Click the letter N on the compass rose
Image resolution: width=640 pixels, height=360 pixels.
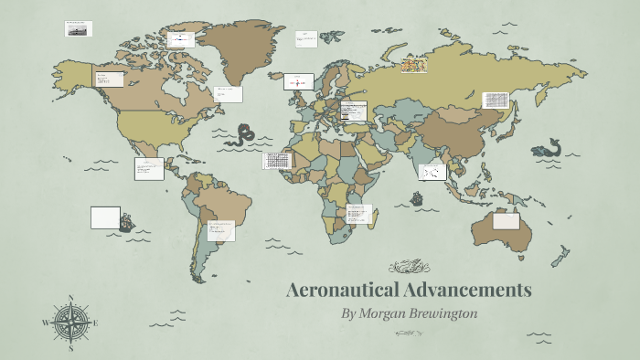pos(71,299)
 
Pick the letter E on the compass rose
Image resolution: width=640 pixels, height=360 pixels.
pos(95,323)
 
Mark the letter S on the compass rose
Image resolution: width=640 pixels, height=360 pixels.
pos(71,347)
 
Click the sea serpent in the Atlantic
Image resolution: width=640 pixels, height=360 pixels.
pos(243,136)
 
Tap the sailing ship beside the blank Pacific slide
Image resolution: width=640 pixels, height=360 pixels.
pos(127,221)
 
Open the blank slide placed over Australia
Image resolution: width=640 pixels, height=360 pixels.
pos(506,221)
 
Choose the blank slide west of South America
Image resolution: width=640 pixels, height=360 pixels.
pos(105,217)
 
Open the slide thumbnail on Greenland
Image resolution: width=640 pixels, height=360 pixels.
pos(181,39)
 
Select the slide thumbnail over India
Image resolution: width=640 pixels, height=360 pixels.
pos(432,172)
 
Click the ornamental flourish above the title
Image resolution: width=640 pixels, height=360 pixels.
pos(409,267)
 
